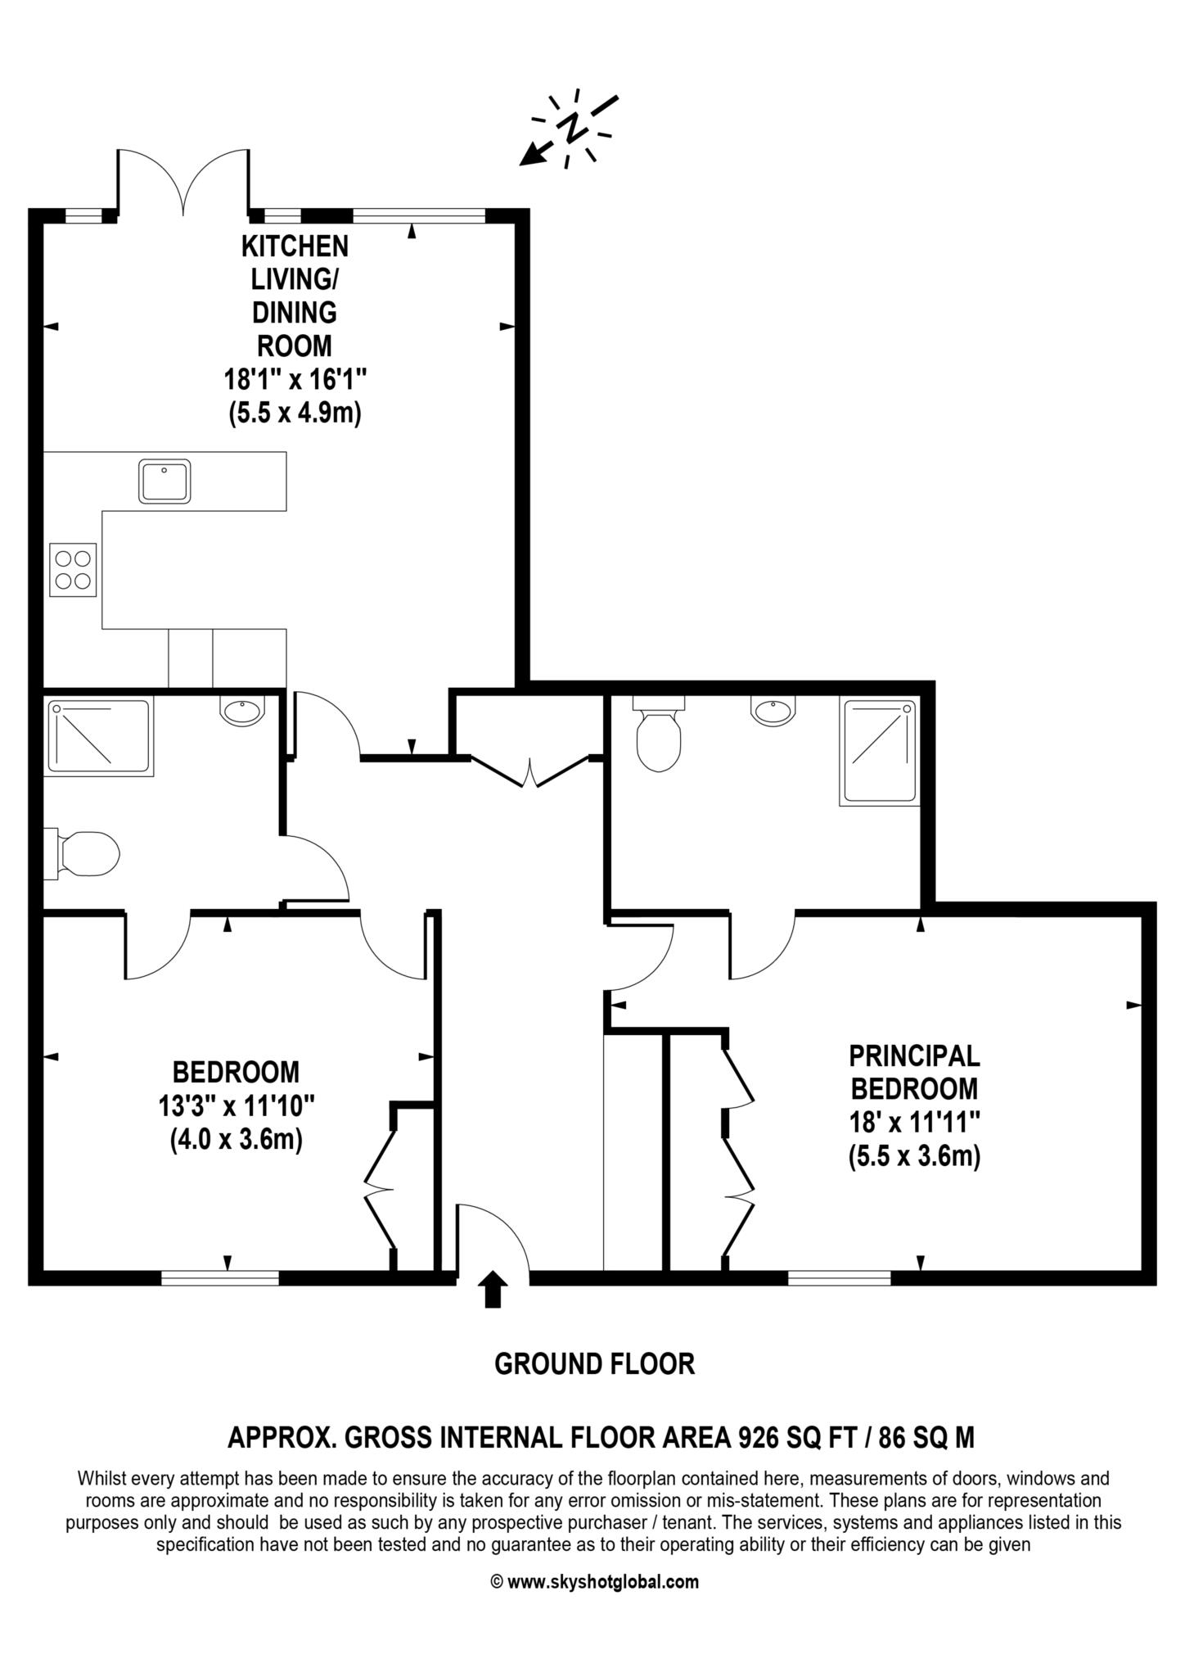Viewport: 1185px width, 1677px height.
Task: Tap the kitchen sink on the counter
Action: pyautogui.click(x=164, y=481)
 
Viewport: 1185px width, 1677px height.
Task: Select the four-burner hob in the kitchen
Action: pyautogui.click(x=73, y=570)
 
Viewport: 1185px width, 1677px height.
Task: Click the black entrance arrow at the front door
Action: pyautogui.click(x=492, y=1289)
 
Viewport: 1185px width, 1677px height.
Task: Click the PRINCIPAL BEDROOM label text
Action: pyautogui.click(x=915, y=1072)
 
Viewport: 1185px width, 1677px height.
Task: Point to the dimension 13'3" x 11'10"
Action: pyautogui.click(x=237, y=1105)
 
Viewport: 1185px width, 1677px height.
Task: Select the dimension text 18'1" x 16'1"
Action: pyautogui.click(x=295, y=380)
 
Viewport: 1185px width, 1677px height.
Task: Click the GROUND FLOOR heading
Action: pyautogui.click(x=595, y=1363)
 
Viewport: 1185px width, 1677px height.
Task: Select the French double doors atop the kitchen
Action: pyautogui.click(x=182, y=182)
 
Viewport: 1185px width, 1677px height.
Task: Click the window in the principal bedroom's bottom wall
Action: pyautogui.click(x=840, y=1277)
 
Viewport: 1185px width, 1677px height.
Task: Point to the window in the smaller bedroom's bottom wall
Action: pyautogui.click(x=220, y=1277)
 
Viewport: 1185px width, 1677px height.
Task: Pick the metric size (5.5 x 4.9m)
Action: pyautogui.click(x=295, y=414)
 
